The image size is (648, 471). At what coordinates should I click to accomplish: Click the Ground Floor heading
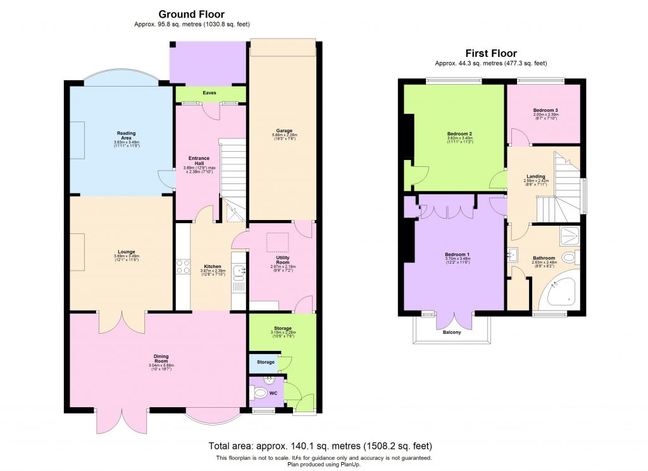click(191, 14)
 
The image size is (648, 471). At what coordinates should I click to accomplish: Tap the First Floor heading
click(490, 54)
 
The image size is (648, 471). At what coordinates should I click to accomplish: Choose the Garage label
click(283, 130)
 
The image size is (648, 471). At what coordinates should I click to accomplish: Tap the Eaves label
click(209, 93)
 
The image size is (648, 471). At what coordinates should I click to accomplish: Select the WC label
click(274, 393)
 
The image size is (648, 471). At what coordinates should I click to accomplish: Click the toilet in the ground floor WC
click(259, 394)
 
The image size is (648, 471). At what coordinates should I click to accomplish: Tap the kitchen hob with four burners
click(184, 267)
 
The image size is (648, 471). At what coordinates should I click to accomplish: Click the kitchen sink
click(239, 272)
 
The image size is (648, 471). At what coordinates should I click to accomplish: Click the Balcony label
click(451, 333)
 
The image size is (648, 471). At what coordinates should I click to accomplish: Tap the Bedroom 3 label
click(544, 109)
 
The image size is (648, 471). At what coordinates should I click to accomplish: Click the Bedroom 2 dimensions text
click(459, 141)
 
